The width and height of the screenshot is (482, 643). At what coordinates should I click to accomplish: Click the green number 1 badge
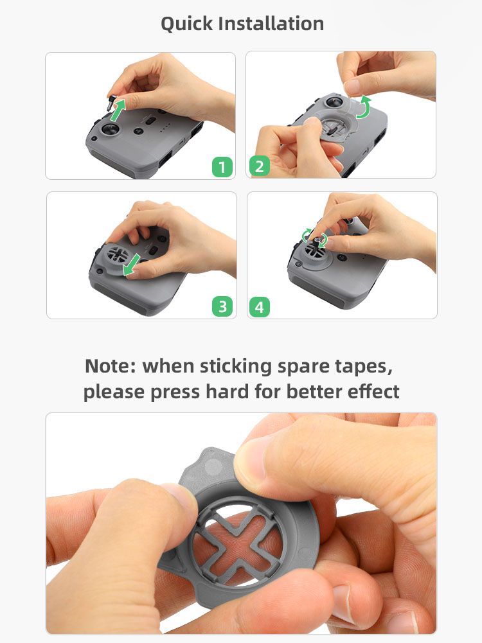click(222, 167)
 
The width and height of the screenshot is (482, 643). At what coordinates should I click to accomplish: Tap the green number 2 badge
click(260, 166)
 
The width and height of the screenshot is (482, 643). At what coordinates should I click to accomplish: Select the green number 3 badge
click(222, 307)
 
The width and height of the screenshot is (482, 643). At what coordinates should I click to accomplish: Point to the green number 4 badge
click(260, 307)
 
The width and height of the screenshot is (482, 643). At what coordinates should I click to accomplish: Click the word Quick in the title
click(186, 24)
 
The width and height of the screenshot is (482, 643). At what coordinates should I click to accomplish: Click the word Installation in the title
click(271, 23)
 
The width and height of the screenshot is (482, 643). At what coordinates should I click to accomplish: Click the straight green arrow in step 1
click(118, 109)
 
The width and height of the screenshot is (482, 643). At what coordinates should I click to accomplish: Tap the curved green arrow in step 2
click(364, 107)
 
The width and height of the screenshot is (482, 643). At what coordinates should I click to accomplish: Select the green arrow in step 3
click(132, 265)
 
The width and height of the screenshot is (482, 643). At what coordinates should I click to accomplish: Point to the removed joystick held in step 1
click(111, 103)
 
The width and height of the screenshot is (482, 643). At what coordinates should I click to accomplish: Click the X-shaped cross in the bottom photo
click(240, 538)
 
